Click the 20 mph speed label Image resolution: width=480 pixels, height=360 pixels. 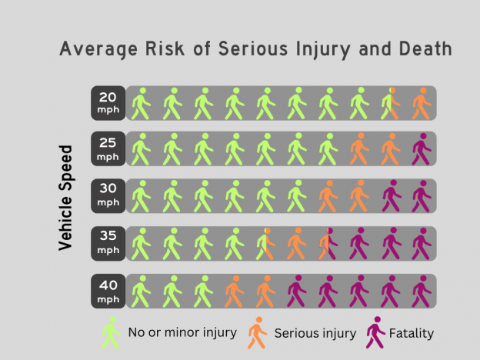pyautogui.click(x=108, y=102)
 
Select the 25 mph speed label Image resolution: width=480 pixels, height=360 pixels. pyautogui.click(x=108, y=149)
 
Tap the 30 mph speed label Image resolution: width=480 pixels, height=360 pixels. pyautogui.click(x=108, y=196)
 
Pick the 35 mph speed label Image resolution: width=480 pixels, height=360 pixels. pyautogui.click(x=108, y=243)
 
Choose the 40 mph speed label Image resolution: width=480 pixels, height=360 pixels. pyautogui.click(x=108, y=290)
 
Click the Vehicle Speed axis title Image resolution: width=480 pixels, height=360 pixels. pyautogui.click(x=66, y=197)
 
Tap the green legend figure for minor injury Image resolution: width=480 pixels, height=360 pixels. pyautogui.click(x=112, y=332)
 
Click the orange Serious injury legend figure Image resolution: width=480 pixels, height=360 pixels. pyautogui.click(x=257, y=332)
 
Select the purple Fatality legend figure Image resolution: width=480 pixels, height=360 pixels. pyautogui.click(x=375, y=332)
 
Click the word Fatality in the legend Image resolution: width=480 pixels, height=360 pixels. pyautogui.click(x=412, y=333)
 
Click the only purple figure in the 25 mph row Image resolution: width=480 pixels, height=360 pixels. pyautogui.click(x=421, y=149)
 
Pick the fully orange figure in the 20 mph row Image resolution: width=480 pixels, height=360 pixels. pyautogui.click(x=421, y=103)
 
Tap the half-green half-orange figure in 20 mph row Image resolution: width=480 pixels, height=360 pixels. pyautogui.click(x=389, y=103)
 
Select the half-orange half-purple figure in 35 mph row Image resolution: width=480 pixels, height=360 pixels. pyautogui.click(x=327, y=244)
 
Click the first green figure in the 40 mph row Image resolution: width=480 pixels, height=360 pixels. pyautogui.click(x=140, y=291)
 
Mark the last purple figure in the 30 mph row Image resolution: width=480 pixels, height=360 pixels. pyautogui.click(x=421, y=196)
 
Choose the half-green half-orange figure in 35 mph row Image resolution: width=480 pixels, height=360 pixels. pyautogui.click(x=265, y=244)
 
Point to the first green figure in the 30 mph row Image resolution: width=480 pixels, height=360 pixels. pyautogui.click(x=140, y=196)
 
